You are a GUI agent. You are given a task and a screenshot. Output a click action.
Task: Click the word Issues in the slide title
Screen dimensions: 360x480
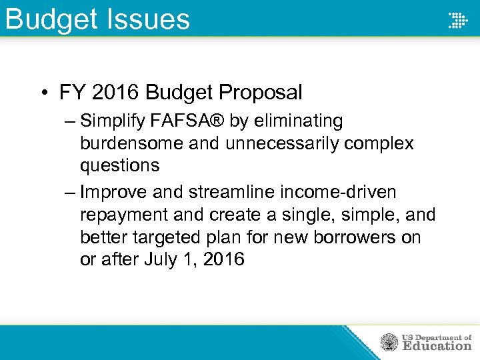pos(144,19)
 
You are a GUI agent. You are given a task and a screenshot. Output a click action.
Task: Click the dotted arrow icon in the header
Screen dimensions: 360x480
pos(457,20)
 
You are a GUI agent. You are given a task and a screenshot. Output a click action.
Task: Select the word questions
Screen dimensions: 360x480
pos(119,165)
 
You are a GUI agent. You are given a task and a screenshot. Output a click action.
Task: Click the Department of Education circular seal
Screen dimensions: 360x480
pos(389,342)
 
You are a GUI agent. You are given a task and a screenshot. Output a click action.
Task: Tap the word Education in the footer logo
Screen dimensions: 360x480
pos(437,345)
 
